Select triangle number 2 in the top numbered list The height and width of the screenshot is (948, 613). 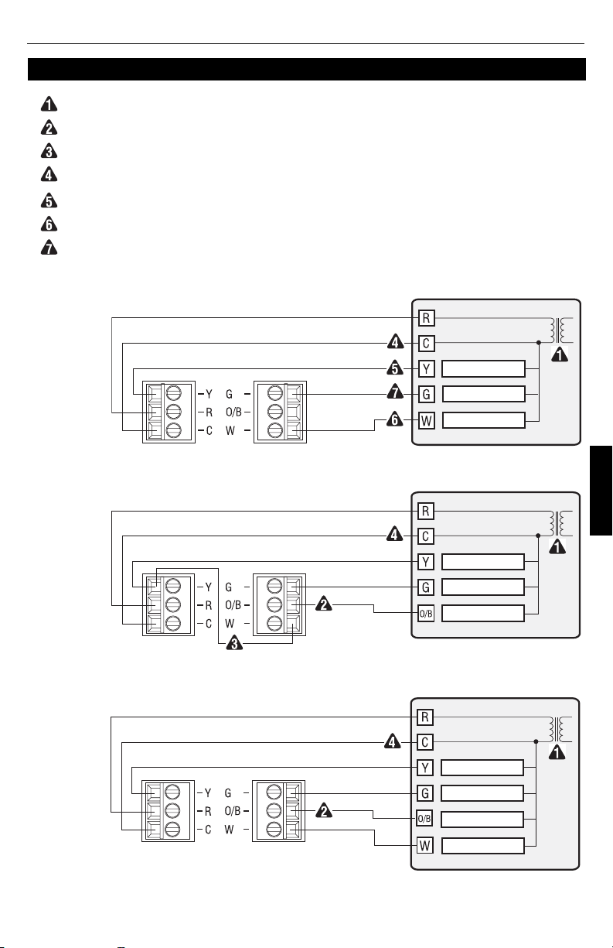coord(45,128)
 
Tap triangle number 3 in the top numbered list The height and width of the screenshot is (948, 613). coord(45,152)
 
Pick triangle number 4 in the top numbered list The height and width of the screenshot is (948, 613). coord(45,176)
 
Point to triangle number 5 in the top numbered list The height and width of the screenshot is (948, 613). coord(45,201)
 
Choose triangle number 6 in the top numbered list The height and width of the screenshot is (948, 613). coord(45,225)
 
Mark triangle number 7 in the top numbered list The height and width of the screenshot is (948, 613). coord(45,249)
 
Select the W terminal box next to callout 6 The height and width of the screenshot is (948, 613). coord(426,422)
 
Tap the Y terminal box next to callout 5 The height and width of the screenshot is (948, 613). coord(426,368)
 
